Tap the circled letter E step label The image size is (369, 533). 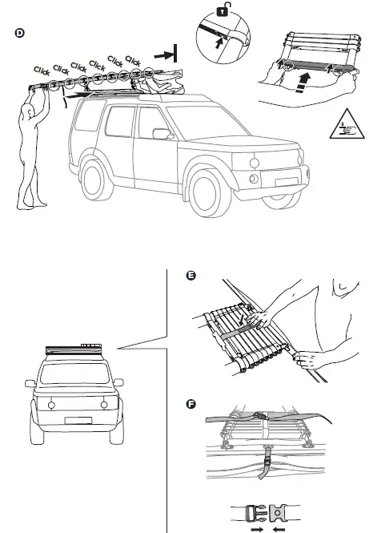pos(191,277)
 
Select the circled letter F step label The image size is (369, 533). pos(191,402)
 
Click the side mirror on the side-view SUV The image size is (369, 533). pos(162,133)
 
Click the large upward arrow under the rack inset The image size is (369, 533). pos(301,84)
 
